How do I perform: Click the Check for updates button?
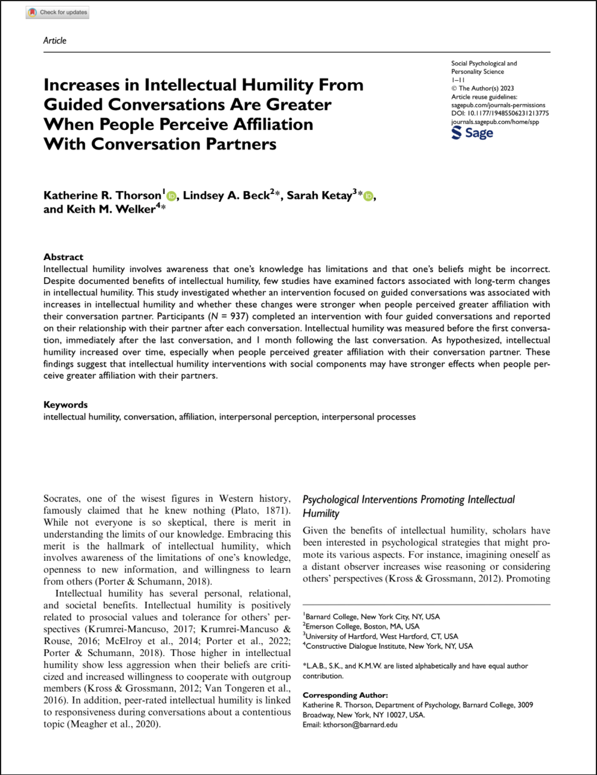coord(58,12)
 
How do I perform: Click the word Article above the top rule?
coord(55,40)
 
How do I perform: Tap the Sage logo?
coord(473,133)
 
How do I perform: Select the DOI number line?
coord(500,113)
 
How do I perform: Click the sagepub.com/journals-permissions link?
coord(498,105)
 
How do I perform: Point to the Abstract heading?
coord(63,257)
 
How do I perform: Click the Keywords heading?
coord(65,405)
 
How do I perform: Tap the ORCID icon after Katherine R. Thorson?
coord(172,196)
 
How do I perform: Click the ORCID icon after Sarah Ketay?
coord(369,196)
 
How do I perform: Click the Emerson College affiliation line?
coord(362,626)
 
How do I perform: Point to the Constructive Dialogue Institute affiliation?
coord(389,646)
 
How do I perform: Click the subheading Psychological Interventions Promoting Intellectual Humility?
coord(409,506)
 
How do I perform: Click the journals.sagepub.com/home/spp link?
coord(496,121)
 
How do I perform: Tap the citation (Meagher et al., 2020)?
coord(113,724)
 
